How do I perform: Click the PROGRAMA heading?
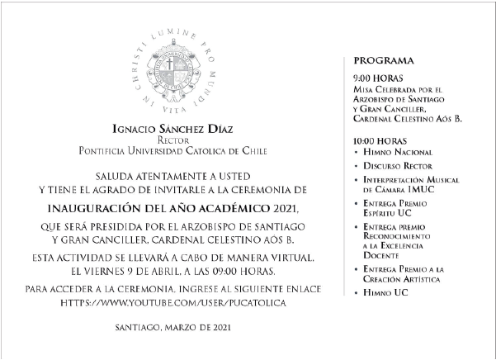[384, 62]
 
